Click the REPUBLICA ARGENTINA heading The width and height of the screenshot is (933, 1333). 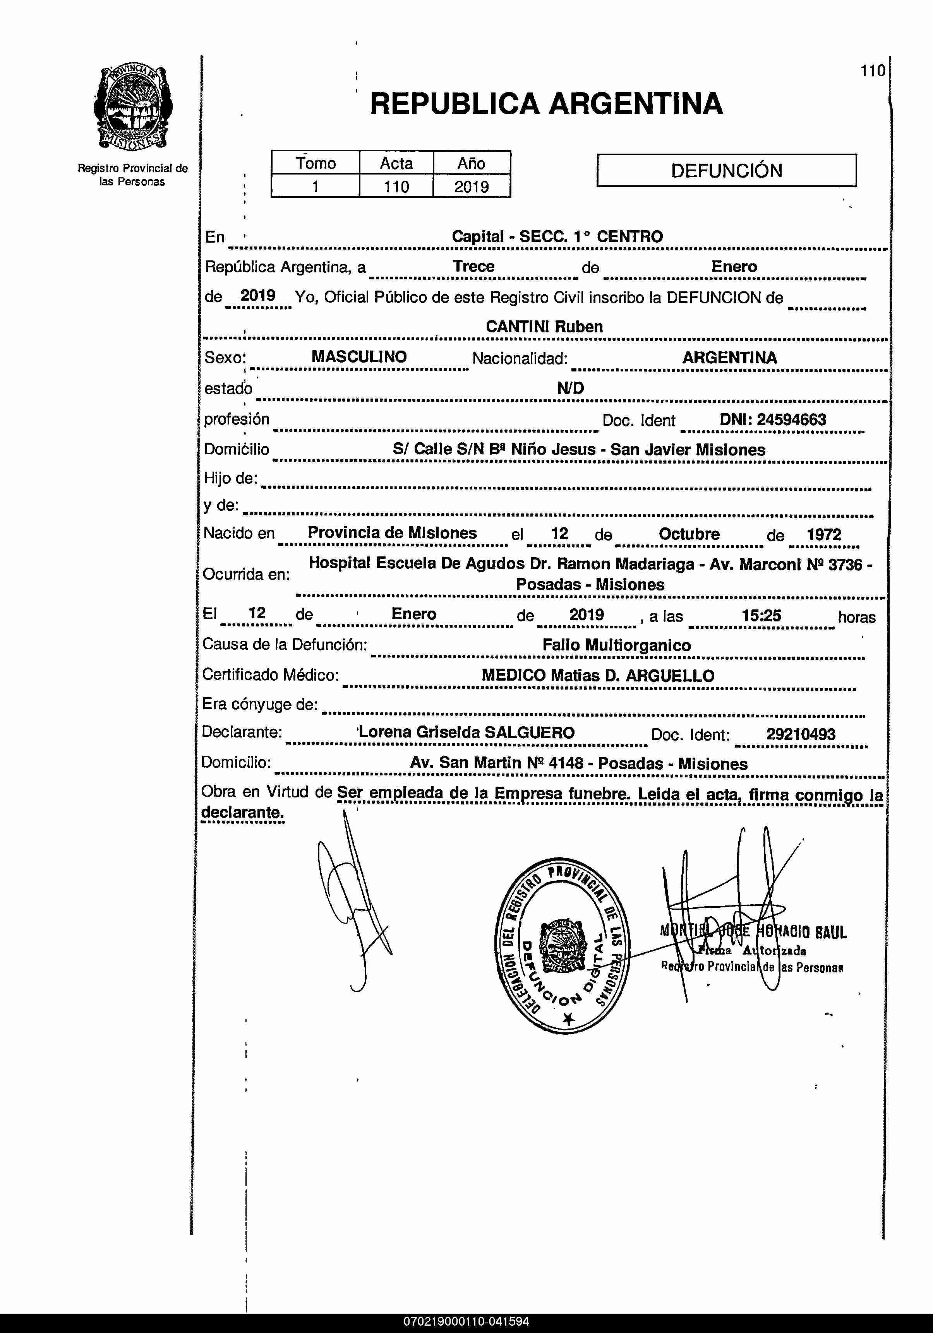pos(546,104)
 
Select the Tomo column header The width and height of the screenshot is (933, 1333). pos(316,163)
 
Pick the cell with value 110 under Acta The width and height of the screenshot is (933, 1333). pos(396,187)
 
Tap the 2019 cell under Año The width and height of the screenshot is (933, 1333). pos(471,187)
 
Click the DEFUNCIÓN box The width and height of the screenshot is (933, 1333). pos(726,171)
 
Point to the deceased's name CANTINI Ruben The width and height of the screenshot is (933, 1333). pos(544,327)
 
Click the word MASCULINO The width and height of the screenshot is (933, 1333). pos(359,357)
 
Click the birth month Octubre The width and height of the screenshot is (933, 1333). pos(689,534)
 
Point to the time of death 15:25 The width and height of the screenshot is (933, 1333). pos(761,615)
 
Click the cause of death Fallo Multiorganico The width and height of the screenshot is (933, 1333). pos(616,645)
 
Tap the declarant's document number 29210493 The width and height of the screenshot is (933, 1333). pos(801,734)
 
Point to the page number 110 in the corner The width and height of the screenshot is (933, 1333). pos(873,71)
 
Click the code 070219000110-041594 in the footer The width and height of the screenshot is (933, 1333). pos(466,1322)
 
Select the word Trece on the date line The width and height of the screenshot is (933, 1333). pos(473,267)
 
